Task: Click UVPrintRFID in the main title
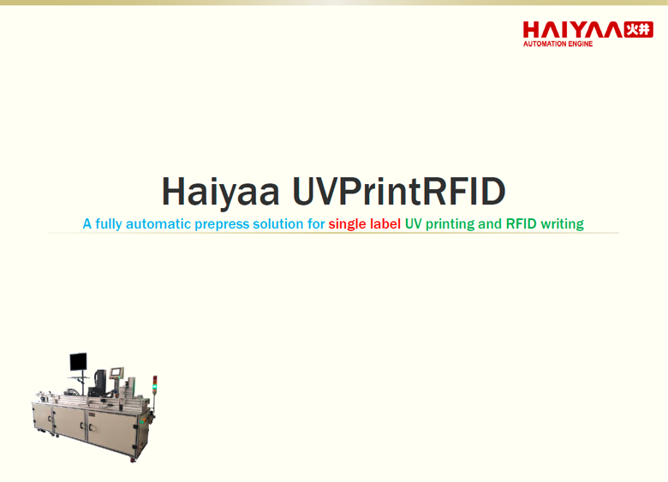point(399,191)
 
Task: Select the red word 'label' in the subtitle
point(385,223)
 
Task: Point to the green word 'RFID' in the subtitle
point(521,223)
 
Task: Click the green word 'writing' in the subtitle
point(562,224)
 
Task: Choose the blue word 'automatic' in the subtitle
point(158,223)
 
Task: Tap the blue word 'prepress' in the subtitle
point(222,224)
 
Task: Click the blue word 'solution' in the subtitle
point(278,223)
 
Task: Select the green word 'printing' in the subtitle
point(450,224)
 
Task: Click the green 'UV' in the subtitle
point(414,223)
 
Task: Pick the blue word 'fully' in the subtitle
point(109,224)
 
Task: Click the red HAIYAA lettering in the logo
point(573,30)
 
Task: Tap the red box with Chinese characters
point(638,29)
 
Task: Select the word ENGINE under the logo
point(581,44)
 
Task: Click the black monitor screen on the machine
point(79,362)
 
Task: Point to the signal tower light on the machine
point(155,384)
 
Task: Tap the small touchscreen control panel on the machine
point(116,372)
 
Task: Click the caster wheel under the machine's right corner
point(133,460)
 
